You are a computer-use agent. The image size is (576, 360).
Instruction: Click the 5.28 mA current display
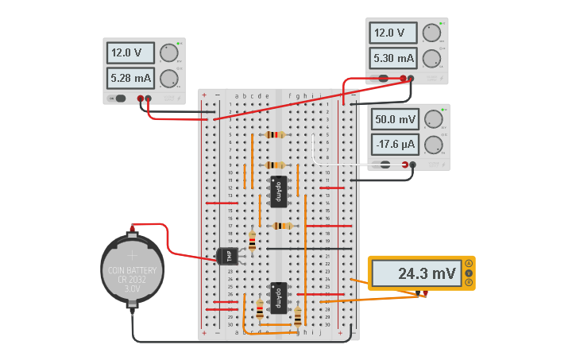point(131,78)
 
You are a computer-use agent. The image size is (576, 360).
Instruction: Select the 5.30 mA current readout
point(392,58)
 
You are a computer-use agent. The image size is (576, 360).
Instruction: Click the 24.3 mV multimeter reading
point(416,273)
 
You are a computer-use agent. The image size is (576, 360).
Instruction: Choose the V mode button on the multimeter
point(469,273)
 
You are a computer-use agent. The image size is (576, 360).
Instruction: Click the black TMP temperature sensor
point(226,255)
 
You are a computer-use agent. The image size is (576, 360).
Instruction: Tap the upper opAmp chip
point(278,192)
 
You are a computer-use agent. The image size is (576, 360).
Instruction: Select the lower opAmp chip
point(278,298)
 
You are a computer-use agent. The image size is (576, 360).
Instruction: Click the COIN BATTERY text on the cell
point(133,270)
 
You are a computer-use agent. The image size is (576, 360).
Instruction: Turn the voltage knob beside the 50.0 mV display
point(432,119)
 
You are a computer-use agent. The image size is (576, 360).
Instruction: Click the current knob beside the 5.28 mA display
point(168,78)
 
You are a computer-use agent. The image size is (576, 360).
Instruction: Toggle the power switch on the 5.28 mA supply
point(120,99)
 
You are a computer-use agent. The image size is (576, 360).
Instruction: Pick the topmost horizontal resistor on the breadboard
point(275,135)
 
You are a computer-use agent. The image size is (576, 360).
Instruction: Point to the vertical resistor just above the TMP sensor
point(252,241)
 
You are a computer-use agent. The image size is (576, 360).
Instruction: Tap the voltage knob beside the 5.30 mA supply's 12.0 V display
point(431,33)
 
